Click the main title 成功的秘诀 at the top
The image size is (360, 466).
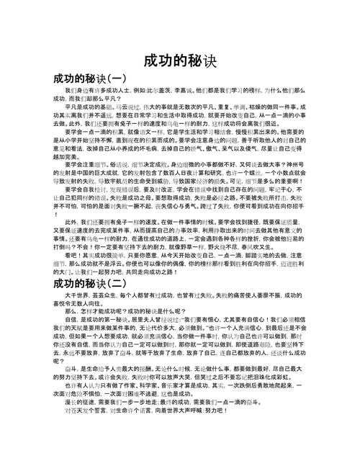click(179, 59)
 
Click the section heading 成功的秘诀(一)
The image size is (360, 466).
click(89, 78)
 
